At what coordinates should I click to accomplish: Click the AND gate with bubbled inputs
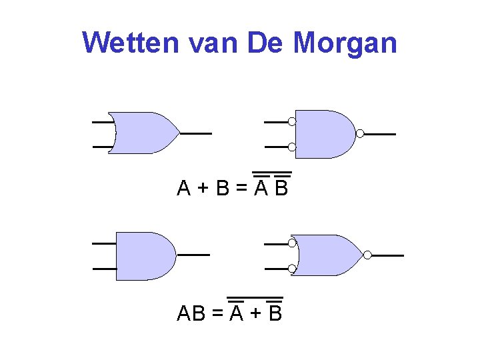323,134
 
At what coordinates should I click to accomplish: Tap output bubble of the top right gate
360,134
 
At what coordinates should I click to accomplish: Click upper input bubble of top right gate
292,121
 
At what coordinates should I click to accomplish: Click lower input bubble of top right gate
292,147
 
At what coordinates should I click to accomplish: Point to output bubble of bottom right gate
367,255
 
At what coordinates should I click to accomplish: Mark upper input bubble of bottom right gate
292,243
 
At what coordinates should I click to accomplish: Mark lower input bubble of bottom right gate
292,269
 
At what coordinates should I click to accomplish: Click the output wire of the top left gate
196,133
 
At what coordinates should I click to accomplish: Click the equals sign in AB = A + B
217,313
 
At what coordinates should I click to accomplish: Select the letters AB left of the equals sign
191,313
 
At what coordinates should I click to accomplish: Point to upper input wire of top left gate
102,123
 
